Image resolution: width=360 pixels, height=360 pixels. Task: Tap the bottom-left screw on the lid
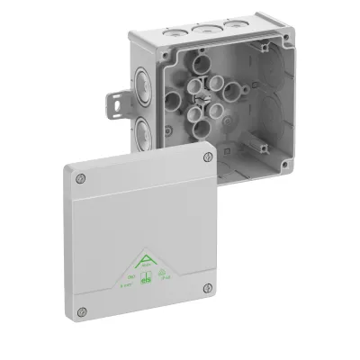tap(82, 311)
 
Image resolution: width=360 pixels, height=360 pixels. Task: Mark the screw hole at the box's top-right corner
tap(262, 45)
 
